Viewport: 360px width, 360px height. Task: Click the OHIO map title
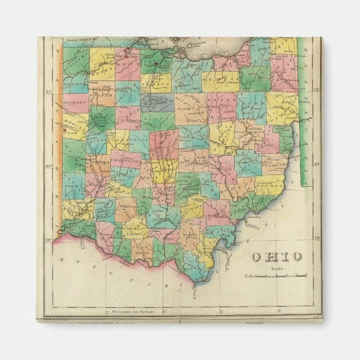[276, 257]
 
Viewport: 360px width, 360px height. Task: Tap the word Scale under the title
[277, 268]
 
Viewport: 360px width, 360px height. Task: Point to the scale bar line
[276, 275]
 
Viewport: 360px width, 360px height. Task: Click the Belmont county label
[277, 166]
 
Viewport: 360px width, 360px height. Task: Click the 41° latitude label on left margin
[49, 91]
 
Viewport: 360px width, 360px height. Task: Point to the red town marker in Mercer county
[65, 132]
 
